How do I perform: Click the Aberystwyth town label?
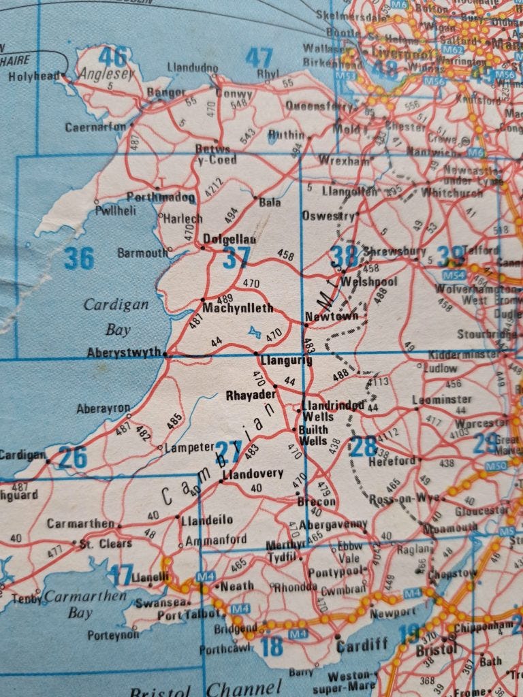tap(124, 353)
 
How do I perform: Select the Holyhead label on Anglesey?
tap(34, 77)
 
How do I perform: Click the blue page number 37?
tap(236, 258)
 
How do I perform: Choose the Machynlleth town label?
tap(238, 308)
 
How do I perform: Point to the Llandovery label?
tap(253, 473)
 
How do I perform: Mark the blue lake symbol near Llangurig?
tap(255, 332)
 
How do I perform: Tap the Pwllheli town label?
tap(116, 210)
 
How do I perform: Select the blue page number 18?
tap(272, 645)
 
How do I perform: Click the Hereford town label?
tap(392, 461)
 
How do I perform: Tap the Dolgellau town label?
tap(229, 240)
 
